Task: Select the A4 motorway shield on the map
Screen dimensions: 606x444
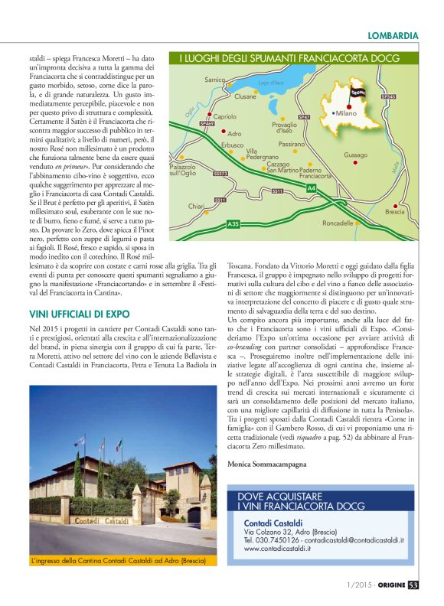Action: pyautogui.click(x=311, y=187)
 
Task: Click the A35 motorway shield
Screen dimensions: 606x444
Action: pyautogui.click(x=233, y=223)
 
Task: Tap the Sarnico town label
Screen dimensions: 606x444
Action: pyautogui.click(x=215, y=80)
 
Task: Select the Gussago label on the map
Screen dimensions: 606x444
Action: pyautogui.click(x=355, y=155)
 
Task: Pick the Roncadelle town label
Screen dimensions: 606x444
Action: pyautogui.click(x=338, y=223)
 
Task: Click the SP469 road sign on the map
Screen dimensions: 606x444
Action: pyautogui.click(x=207, y=123)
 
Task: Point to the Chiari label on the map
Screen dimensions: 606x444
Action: pyautogui.click(x=196, y=206)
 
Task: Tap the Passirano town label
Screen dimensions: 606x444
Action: pyautogui.click(x=292, y=144)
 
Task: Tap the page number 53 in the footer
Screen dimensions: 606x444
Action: pyautogui.click(x=413, y=585)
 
